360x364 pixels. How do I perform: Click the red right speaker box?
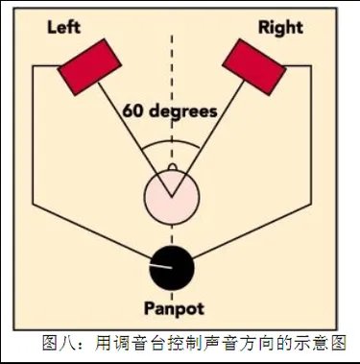(254, 66)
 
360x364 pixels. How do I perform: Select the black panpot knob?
(172, 266)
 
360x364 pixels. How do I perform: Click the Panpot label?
(173, 310)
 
